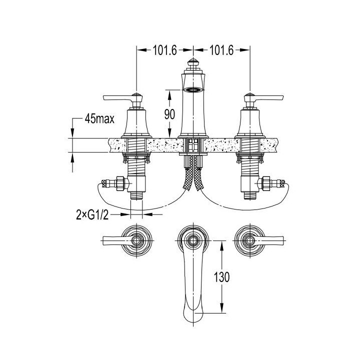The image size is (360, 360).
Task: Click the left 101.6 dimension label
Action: tap(165, 50)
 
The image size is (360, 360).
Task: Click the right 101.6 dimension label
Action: tap(221, 50)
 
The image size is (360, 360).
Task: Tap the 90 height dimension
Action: tap(169, 114)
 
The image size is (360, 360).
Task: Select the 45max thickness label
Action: tap(99, 119)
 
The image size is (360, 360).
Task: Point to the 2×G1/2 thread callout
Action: tap(92, 215)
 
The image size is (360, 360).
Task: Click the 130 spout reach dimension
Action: tap(221, 276)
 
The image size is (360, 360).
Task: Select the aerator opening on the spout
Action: tap(193, 90)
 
